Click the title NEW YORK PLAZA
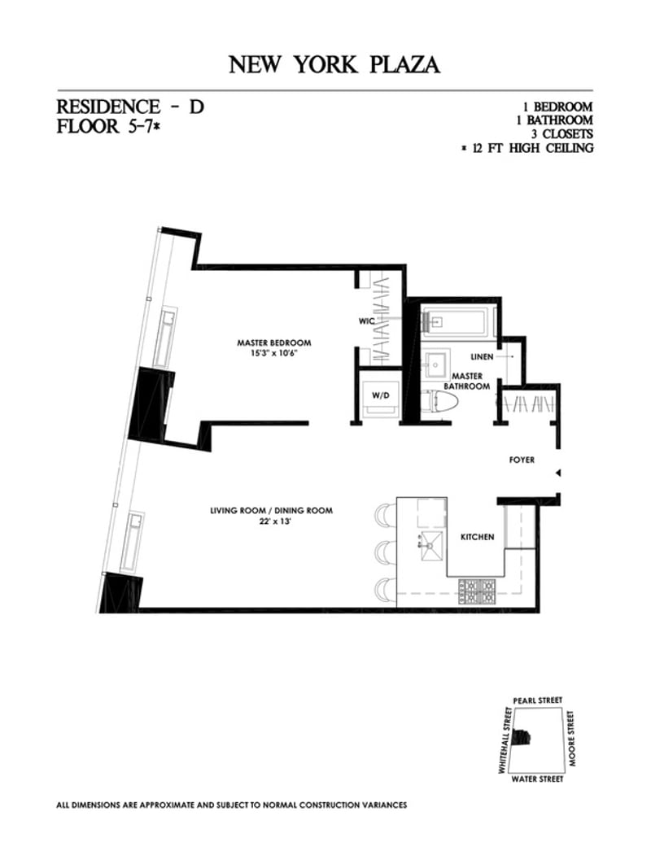(334, 65)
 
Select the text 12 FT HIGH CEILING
(530, 148)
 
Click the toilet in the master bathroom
(440, 401)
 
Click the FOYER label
(522, 460)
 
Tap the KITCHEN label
(478, 538)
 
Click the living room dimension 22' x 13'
(272, 522)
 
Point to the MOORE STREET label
(573, 738)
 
